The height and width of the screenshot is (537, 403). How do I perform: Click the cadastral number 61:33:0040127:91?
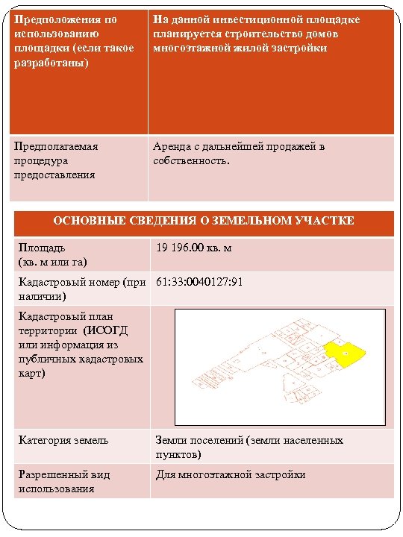(x=199, y=282)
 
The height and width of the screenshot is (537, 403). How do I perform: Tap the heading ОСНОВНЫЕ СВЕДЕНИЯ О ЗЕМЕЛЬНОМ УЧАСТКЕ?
(x=204, y=222)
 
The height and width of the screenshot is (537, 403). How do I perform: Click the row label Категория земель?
(x=63, y=440)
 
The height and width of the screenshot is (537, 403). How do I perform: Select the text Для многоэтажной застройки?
(x=230, y=474)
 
